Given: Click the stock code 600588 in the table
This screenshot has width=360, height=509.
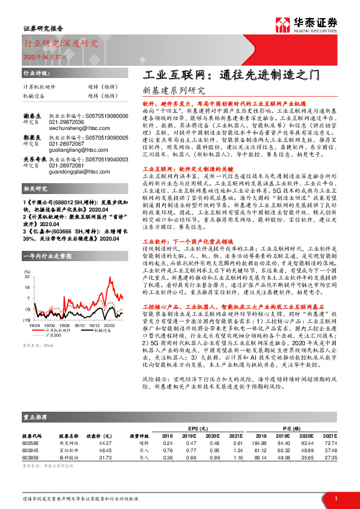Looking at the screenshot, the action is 30,443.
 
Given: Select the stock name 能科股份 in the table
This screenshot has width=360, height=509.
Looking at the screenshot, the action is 67,458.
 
